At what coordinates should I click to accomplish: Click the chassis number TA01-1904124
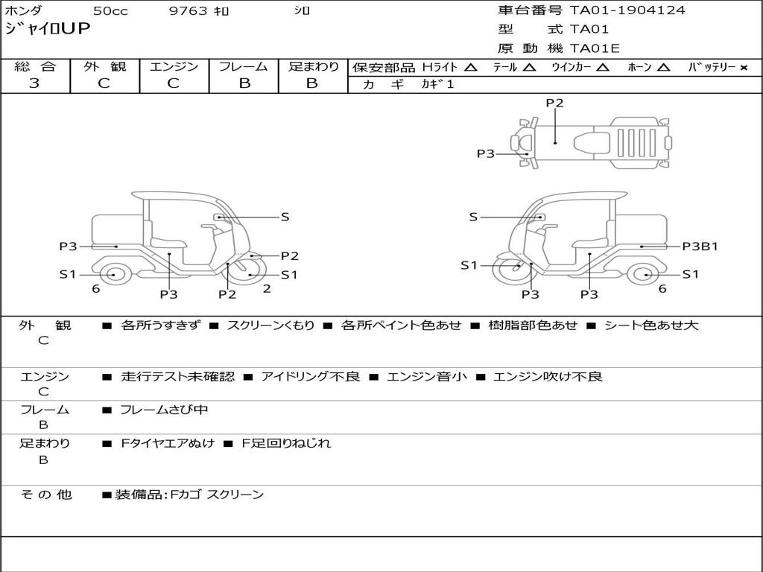point(627,10)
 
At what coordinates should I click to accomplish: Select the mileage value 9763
point(189,11)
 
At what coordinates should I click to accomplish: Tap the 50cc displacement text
point(110,11)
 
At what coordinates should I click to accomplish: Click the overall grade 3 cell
point(34,83)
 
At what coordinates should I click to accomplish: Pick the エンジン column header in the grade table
point(174,67)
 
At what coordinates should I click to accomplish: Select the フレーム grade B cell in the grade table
point(244,83)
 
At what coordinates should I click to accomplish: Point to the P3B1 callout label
point(700,247)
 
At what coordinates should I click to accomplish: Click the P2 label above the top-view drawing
point(554,104)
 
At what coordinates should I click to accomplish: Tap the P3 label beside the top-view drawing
point(486,154)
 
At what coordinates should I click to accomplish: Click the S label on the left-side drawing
point(285,217)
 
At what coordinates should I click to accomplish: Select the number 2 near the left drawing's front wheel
point(267,289)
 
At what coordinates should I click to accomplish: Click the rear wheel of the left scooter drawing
point(112,275)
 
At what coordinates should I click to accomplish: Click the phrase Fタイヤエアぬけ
point(168,443)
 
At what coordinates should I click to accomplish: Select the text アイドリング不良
point(310,377)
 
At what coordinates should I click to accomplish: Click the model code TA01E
point(595,49)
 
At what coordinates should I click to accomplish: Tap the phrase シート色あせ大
point(650,325)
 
